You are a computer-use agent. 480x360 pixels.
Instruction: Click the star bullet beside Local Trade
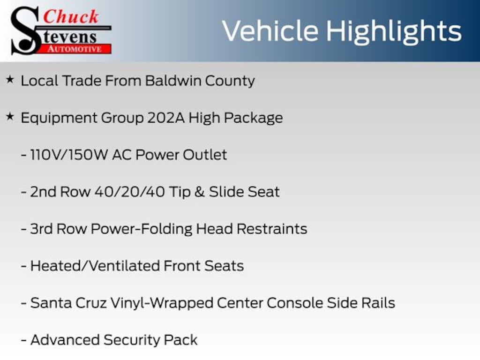coord(10,80)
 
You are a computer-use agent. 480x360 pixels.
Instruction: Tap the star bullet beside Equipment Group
coord(10,117)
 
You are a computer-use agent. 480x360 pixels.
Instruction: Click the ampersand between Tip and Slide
coord(199,192)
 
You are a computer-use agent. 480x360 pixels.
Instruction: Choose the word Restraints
coord(272,229)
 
